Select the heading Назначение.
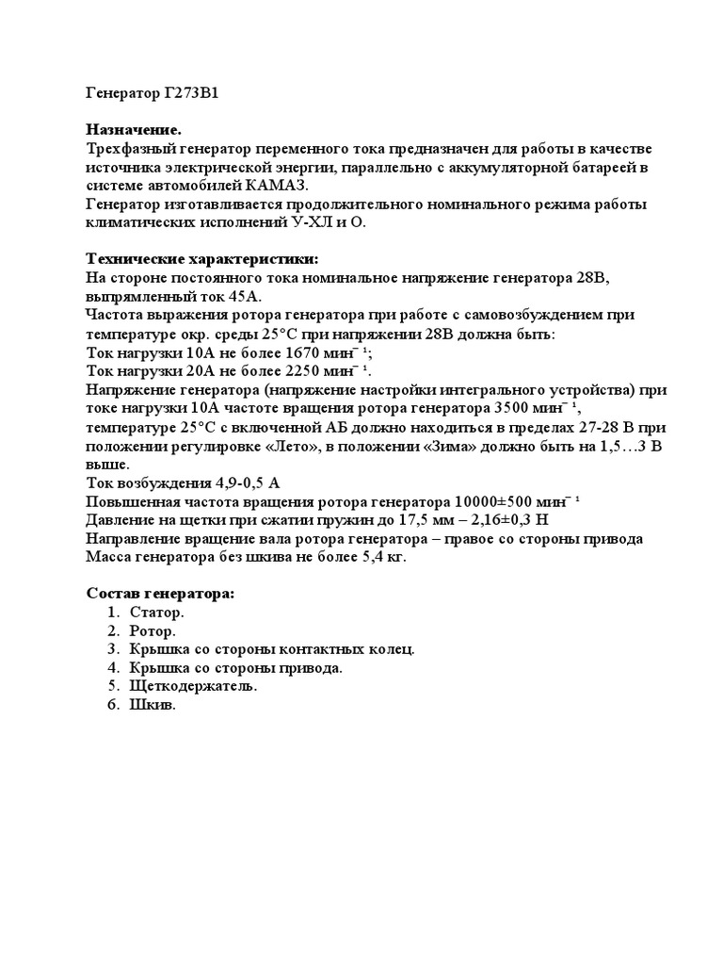coord(134,131)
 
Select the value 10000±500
coord(496,500)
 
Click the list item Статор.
coord(156,613)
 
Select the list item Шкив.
coord(153,705)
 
